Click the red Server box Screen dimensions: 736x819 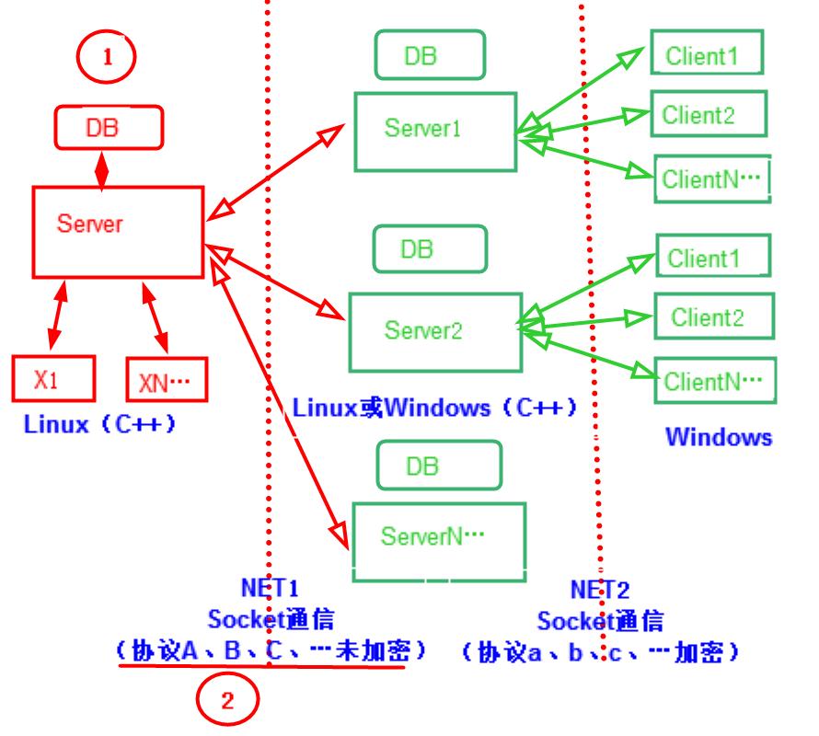tap(118, 231)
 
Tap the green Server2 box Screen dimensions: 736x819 tap(430, 328)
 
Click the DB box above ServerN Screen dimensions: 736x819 tap(439, 466)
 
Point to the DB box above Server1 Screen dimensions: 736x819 tap(429, 55)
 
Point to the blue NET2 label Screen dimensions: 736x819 tap(599, 589)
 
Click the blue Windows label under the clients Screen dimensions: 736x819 tap(719, 437)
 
